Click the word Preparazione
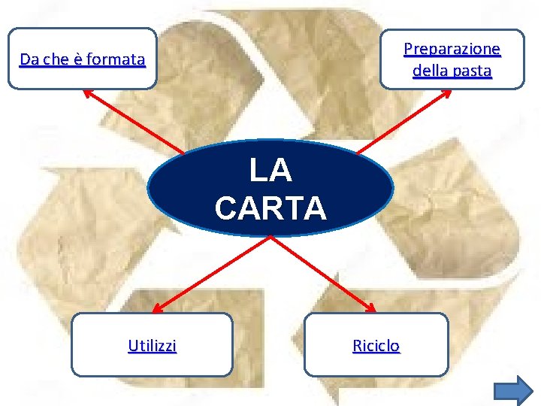452,50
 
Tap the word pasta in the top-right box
472,71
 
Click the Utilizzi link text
152,346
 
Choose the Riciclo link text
376,346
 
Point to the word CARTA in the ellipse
270,208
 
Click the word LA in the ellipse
270,171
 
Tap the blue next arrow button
514,391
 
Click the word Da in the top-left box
29,59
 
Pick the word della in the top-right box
429,71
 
